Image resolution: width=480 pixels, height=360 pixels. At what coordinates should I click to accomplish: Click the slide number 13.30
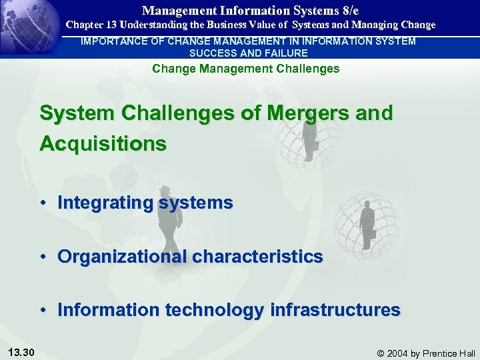23,352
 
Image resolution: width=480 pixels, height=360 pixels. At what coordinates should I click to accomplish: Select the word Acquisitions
103,143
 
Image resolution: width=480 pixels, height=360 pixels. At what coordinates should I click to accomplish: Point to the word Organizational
123,256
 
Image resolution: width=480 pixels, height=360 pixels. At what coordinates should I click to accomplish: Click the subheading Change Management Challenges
246,69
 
